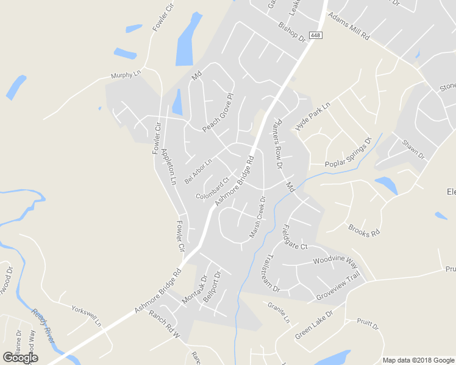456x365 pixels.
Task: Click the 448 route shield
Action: [315, 35]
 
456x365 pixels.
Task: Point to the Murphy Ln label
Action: [126, 76]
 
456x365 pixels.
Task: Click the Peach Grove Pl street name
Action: [218, 113]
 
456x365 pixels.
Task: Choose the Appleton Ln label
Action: [168, 166]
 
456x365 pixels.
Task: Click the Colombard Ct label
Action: [212, 189]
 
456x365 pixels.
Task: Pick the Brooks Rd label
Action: [364, 231]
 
